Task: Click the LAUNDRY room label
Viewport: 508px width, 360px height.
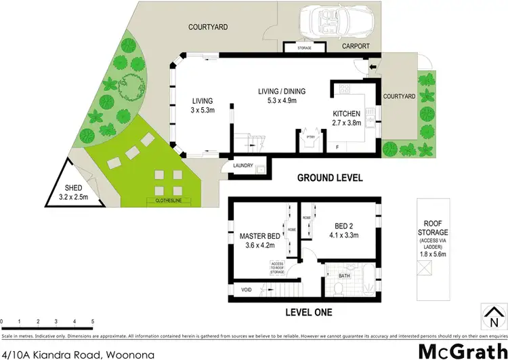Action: (242, 165)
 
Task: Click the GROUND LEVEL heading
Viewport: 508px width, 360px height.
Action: (331, 178)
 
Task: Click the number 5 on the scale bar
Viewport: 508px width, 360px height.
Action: (93, 321)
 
